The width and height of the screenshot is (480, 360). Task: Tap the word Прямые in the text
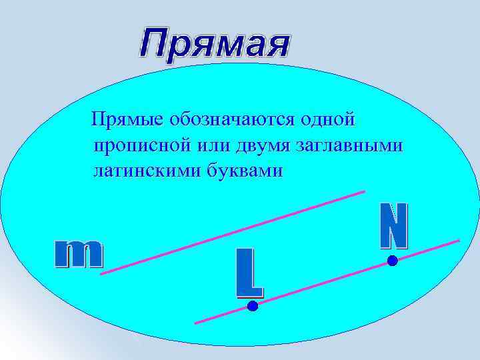127,120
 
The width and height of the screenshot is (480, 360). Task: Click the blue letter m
79,254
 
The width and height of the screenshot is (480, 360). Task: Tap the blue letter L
249,273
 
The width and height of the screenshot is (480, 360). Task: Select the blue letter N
393,227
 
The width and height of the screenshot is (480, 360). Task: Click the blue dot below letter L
252,306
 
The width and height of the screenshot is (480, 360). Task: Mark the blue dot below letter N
393,261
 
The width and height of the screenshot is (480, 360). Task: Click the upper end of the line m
364,192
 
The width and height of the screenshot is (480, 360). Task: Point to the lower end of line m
102,272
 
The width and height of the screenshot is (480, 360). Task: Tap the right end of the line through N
458,240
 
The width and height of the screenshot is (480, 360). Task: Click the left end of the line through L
195,323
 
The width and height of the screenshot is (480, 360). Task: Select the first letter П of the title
155,44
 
